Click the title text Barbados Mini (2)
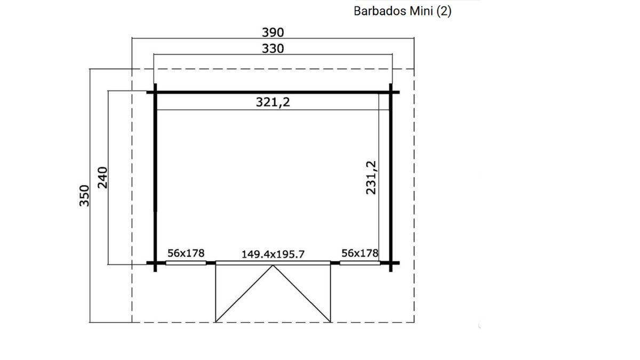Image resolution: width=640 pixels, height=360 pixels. tap(402, 11)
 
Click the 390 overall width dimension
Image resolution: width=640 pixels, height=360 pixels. tap(273, 33)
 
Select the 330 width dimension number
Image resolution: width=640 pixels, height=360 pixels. tap(273, 49)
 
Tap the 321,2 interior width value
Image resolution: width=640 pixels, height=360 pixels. tap(273, 102)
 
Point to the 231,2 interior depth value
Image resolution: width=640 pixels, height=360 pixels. tap(371, 178)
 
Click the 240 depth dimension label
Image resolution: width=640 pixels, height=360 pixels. tap(102, 178)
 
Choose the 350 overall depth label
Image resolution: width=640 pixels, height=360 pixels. tap(84, 196)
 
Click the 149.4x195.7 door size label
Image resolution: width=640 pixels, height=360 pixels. tap(273, 254)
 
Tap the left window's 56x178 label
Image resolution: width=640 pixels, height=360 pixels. tap(186, 253)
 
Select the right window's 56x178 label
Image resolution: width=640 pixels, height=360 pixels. tap(359, 253)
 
